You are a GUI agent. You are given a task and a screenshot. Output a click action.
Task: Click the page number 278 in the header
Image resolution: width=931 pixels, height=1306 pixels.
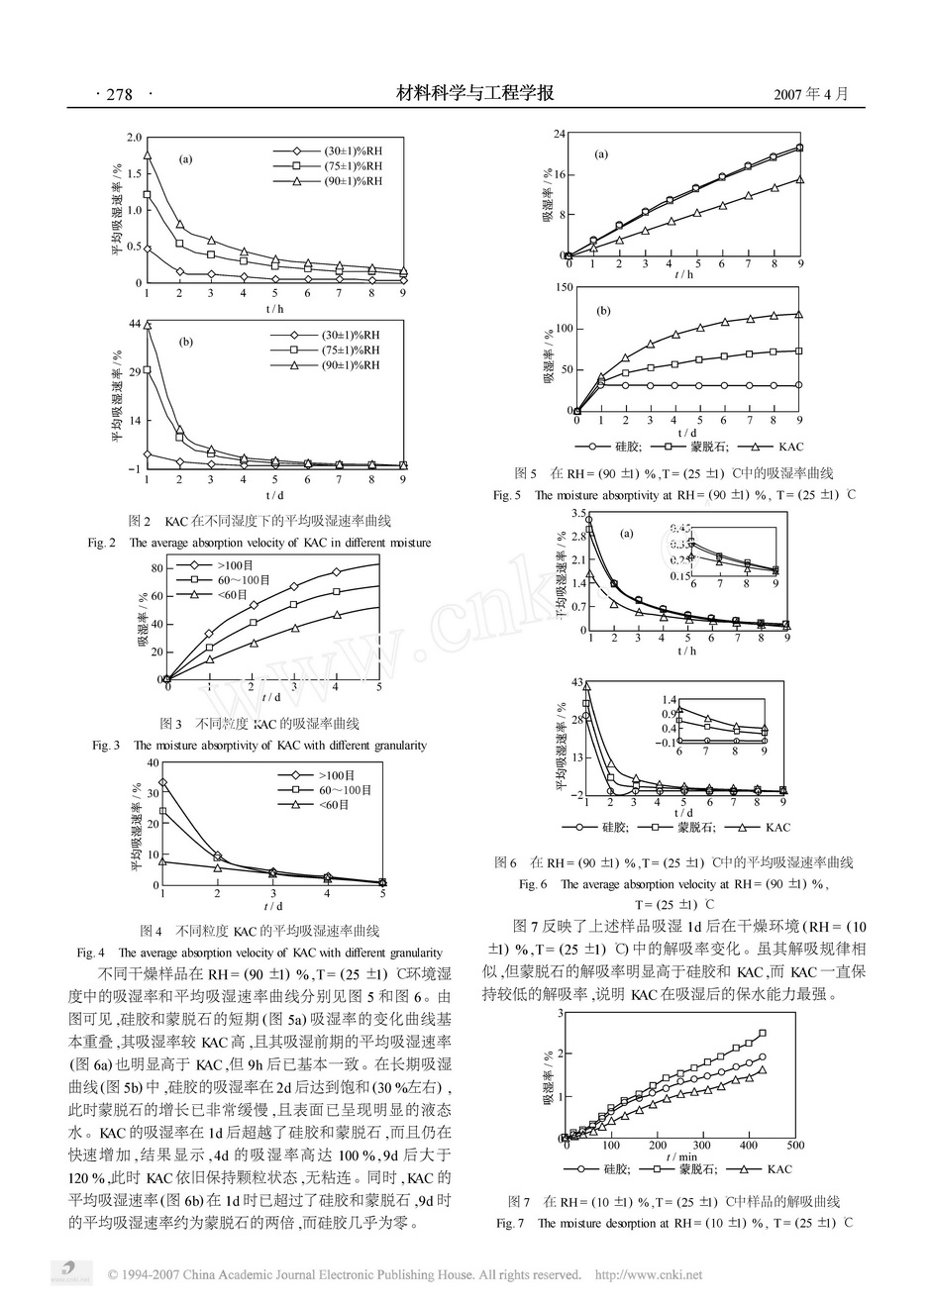pos(119,95)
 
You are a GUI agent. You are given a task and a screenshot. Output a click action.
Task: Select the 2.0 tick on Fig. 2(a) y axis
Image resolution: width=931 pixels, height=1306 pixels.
pos(135,137)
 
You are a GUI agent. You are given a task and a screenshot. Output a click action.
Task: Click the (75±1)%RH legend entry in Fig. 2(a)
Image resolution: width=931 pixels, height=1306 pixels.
pos(353,166)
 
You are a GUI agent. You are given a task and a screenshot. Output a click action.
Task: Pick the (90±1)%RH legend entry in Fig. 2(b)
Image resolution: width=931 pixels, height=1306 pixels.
pos(351,365)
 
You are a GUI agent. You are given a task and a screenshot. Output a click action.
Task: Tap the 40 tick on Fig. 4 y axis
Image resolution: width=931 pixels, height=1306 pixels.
pos(152,762)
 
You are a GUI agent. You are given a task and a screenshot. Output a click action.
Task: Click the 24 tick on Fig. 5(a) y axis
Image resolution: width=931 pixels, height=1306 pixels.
pos(559,134)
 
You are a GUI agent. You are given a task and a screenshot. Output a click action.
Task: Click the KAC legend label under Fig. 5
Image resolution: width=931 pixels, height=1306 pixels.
pos(778,448)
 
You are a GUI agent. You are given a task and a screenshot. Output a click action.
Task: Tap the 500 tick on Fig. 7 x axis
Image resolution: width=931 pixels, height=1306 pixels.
pos(795,1145)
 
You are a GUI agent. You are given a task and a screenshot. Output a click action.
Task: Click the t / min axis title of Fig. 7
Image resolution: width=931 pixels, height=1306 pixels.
pos(680,1155)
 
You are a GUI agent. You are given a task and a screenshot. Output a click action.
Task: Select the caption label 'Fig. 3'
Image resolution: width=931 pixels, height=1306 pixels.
pos(106,746)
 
